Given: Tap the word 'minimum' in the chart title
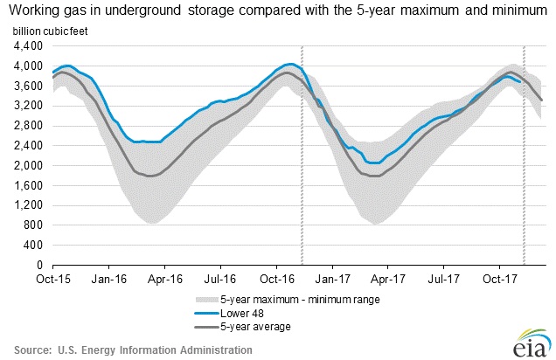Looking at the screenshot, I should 507,10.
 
